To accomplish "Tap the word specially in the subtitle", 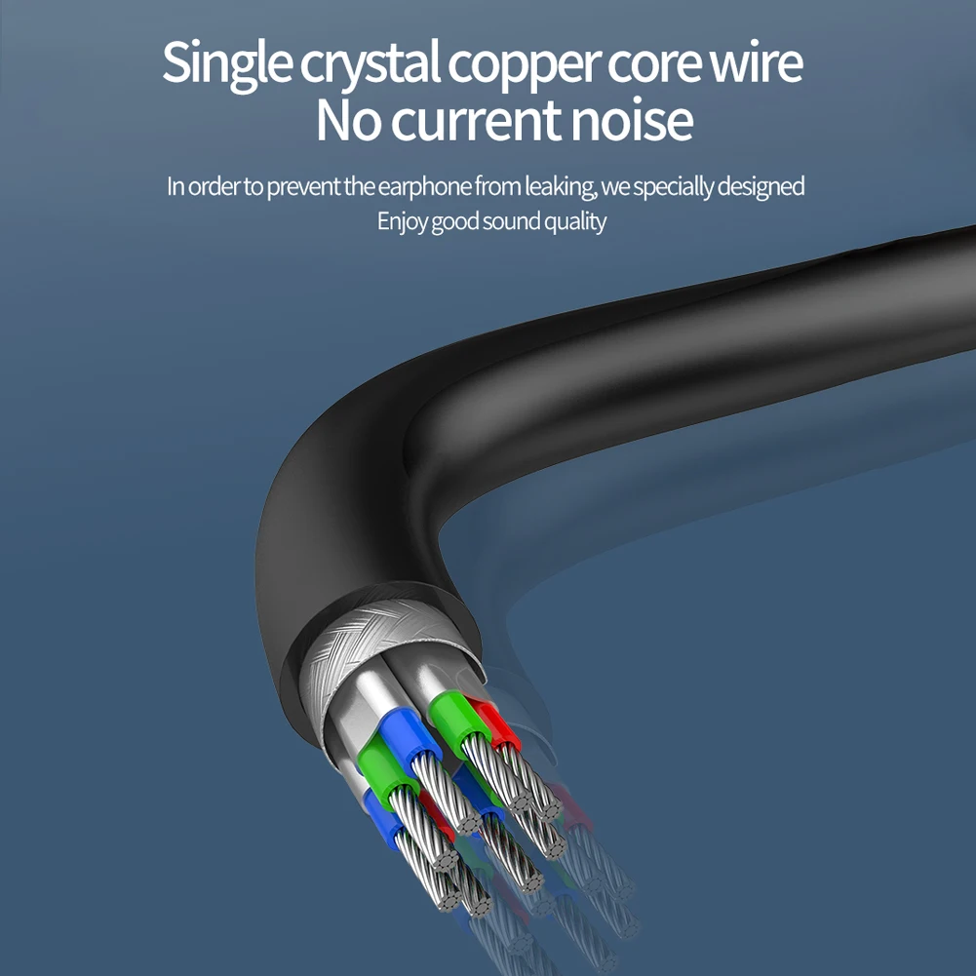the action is click(x=674, y=186).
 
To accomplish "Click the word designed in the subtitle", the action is click(x=761, y=186).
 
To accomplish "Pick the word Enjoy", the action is click(x=402, y=221).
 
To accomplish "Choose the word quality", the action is click(x=575, y=221).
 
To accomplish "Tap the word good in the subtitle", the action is click(x=454, y=221).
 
